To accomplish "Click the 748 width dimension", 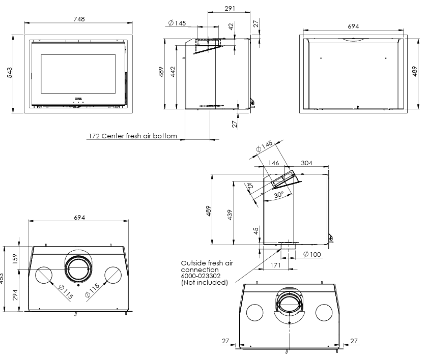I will (78, 19).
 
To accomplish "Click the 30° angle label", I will (277, 195).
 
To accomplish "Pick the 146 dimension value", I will (273, 163).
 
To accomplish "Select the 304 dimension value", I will (307, 163).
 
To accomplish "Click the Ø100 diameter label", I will (311, 254).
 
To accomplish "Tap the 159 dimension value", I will (15, 258).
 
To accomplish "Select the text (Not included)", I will (205, 282).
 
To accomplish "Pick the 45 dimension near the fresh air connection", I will (256, 231).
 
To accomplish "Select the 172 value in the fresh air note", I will (94, 136).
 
